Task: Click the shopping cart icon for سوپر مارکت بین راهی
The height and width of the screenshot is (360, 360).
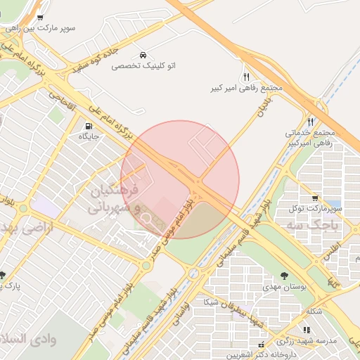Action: (x=40, y=18)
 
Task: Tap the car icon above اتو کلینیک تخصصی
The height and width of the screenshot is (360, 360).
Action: (x=143, y=55)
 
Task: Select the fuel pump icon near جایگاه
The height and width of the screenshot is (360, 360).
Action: (x=88, y=127)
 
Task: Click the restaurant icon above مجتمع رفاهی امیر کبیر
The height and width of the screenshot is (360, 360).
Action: (x=245, y=77)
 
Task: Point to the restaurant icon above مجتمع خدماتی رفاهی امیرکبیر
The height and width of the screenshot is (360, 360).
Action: (x=310, y=122)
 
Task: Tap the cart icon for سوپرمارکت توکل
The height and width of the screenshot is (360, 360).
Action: (x=314, y=198)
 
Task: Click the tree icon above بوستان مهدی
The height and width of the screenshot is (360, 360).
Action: (x=284, y=276)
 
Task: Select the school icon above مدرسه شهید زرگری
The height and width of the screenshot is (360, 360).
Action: (x=306, y=329)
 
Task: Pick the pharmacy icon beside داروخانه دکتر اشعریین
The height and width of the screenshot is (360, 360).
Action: (x=262, y=345)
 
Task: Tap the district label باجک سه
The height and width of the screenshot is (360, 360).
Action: (x=313, y=225)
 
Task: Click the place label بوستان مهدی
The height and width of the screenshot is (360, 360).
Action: (x=285, y=287)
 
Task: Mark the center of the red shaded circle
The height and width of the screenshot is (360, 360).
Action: (x=180, y=179)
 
